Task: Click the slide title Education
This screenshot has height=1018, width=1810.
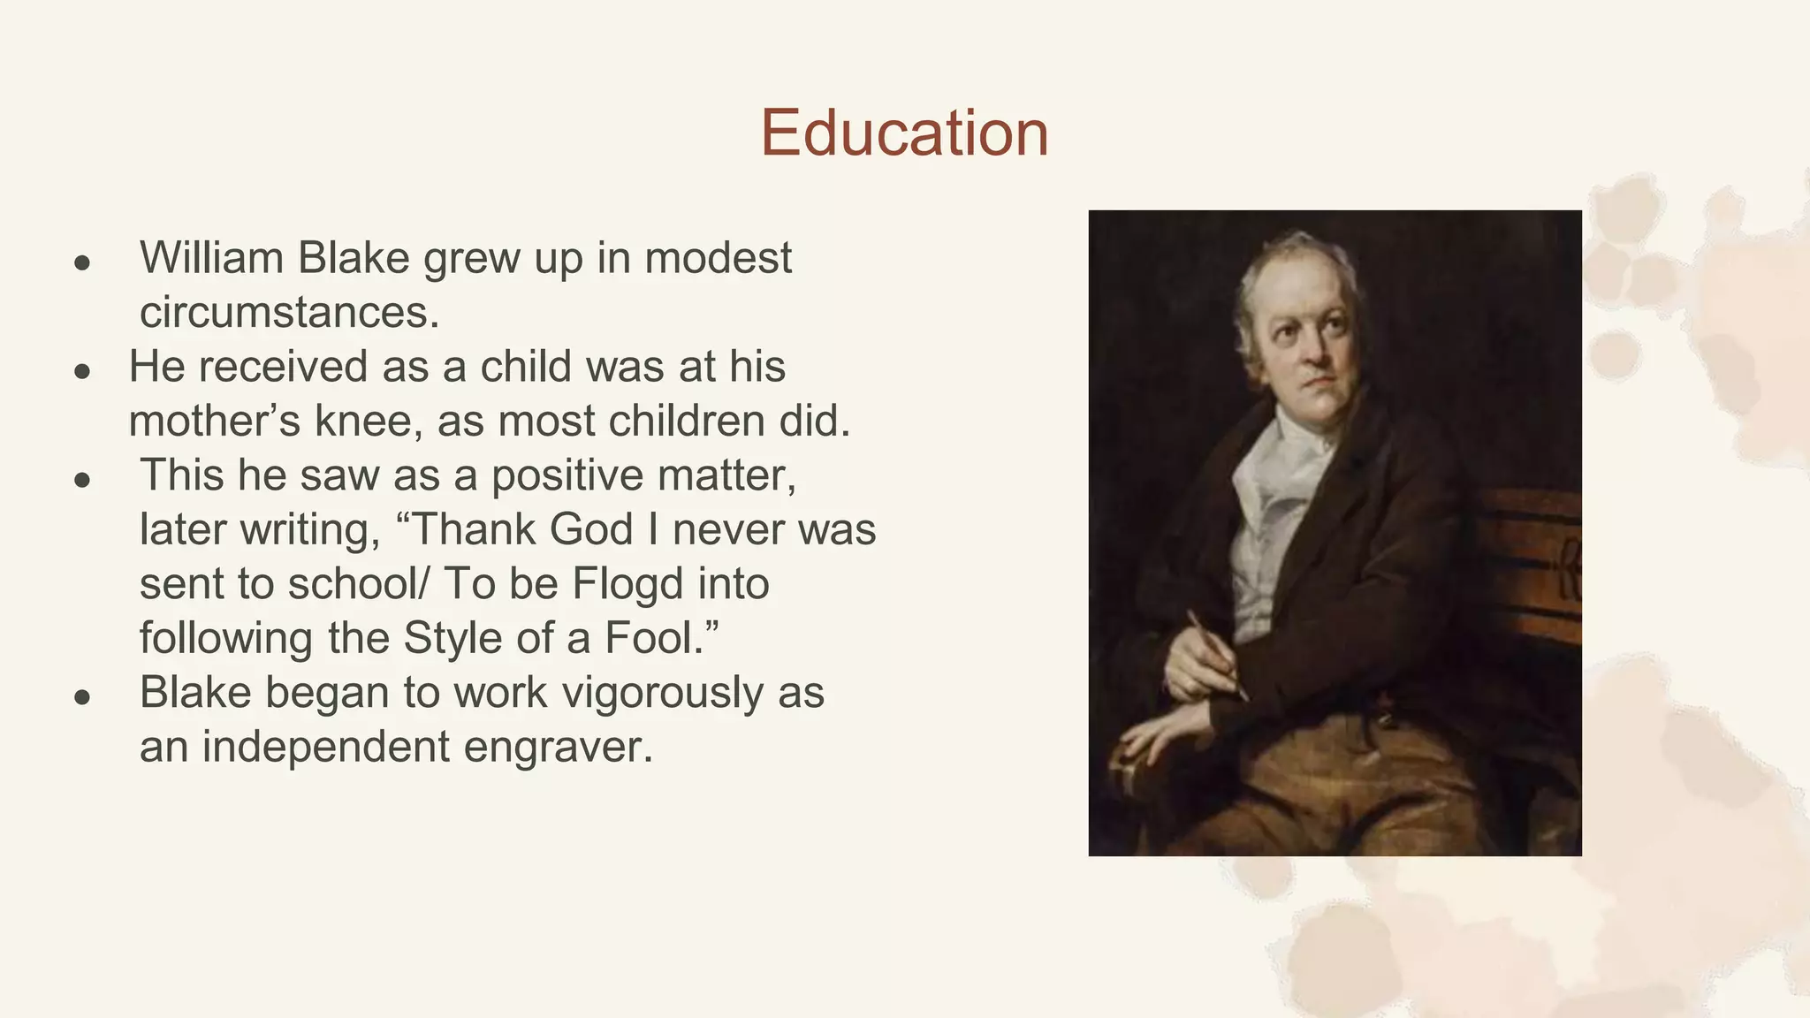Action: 904,133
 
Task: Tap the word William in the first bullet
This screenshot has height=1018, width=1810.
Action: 211,258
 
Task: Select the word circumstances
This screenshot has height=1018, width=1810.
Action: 289,312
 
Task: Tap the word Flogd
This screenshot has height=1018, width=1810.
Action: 627,584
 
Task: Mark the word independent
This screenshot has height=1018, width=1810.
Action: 325,748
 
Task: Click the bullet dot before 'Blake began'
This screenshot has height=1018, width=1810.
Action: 82,698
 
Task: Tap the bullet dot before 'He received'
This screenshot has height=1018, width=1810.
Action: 82,372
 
